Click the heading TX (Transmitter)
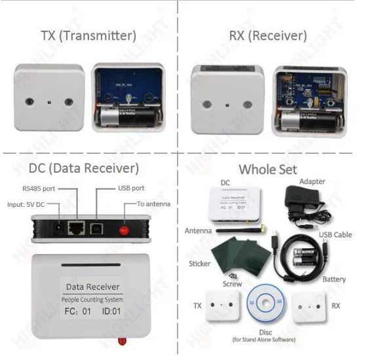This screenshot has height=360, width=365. point(88,35)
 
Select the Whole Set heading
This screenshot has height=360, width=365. point(267,169)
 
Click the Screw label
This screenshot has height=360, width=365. point(233,284)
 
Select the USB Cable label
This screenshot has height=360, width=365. point(336,235)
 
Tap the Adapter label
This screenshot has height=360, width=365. point(312,181)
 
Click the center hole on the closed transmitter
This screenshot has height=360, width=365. point(50,103)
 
